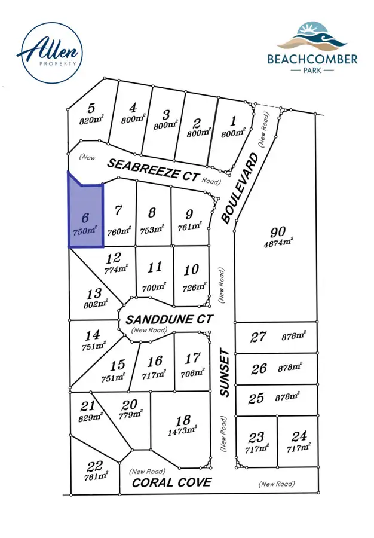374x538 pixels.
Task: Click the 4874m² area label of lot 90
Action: coord(278,243)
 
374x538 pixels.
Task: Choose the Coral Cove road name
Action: coord(171,482)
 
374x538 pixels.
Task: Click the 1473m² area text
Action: coord(183,430)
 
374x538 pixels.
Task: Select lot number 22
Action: coord(94,466)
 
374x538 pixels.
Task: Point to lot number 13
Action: coord(93,294)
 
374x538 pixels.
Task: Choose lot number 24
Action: coord(300,436)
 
